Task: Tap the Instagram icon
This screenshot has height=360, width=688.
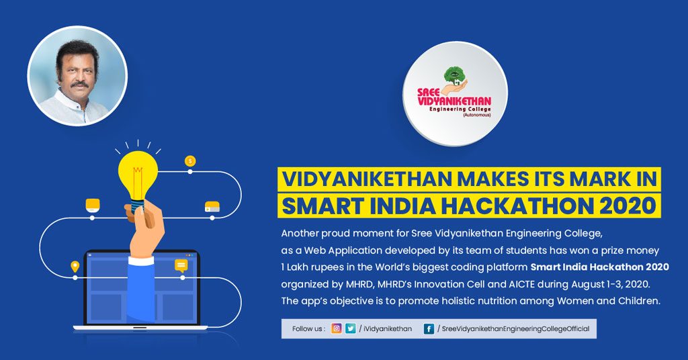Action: pyautogui.click(x=337, y=328)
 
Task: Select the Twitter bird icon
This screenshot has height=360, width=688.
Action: pyautogui.click(x=350, y=328)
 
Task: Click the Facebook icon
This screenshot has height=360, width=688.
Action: pyautogui.click(x=429, y=329)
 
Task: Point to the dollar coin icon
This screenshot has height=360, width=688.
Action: pyautogui.click(x=190, y=161)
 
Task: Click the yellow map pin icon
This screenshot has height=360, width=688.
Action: pyautogui.click(x=75, y=266)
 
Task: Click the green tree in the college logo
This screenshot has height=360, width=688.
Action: pyautogui.click(x=455, y=75)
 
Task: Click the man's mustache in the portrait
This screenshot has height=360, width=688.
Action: pyautogui.click(x=79, y=83)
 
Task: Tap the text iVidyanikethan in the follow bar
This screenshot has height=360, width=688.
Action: pyautogui.click(x=388, y=329)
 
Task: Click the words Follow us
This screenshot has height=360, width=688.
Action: pyautogui.click(x=308, y=329)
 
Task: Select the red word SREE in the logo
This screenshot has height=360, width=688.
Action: pyautogui.click(x=428, y=93)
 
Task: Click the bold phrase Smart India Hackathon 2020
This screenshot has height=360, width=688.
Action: pyautogui.click(x=600, y=267)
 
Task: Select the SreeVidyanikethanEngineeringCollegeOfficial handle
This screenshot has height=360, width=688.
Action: pyautogui.click(x=515, y=329)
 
